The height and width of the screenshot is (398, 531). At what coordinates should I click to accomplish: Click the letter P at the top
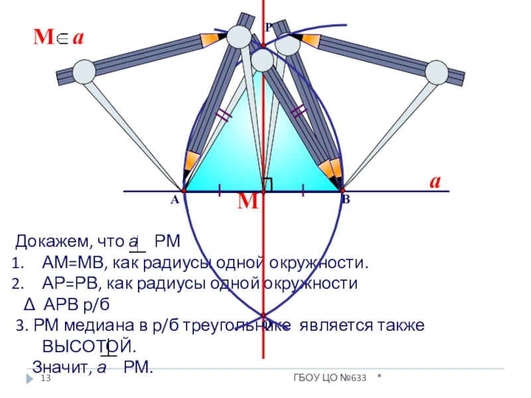[x=268, y=28]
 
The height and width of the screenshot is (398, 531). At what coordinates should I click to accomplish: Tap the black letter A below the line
[x=174, y=200]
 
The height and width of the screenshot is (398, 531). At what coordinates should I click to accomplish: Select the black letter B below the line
[x=346, y=200]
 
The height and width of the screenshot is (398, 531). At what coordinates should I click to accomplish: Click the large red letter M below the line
[x=248, y=202]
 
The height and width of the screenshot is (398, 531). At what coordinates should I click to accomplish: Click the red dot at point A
[x=183, y=191]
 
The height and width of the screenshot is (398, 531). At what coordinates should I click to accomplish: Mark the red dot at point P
[x=264, y=46]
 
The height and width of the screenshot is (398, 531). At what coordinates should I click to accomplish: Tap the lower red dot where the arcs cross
[x=264, y=315]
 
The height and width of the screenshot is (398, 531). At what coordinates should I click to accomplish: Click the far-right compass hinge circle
[x=438, y=72]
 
